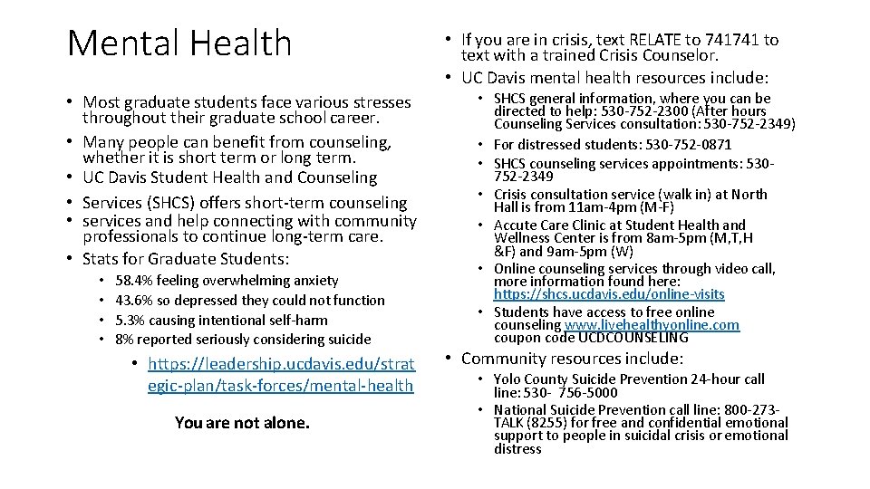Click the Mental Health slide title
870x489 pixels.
(x=179, y=43)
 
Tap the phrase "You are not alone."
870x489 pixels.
(x=242, y=423)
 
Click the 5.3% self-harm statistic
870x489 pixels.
(x=133, y=321)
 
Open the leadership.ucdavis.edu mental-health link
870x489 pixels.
(x=280, y=375)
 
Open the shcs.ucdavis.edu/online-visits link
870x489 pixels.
(x=609, y=295)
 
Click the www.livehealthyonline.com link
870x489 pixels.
(x=652, y=325)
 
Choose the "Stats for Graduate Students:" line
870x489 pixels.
(x=186, y=260)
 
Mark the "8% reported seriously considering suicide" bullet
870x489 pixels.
(x=243, y=340)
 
